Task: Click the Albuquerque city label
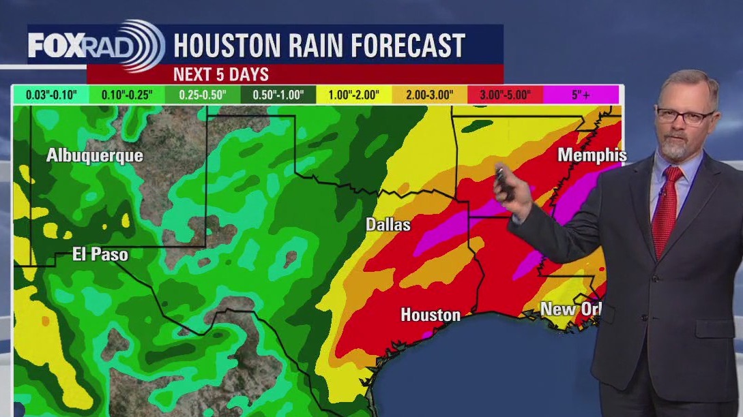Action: click(x=95, y=155)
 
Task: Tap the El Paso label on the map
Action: click(x=100, y=255)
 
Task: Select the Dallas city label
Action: click(x=388, y=224)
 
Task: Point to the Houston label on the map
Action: click(x=431, y=315)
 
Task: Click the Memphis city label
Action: click(x=592, y=155)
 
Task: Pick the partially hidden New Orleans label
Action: click(x=571, y=309)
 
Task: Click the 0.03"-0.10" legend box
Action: click(x=50, y=95)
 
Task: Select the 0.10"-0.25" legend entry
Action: click(x=126, y=95)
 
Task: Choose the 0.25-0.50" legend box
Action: click(x=202, y=95)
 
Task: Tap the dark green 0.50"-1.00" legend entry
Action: click(x=278, y=95)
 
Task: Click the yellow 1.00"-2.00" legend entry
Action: click(x=353, y=95)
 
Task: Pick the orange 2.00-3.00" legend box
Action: click(x=429, y=95)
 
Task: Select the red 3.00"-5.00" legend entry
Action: click(x=505, y=95)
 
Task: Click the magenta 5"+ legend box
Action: click(x=581, y=95)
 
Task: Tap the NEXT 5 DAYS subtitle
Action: click(x=221, y=74)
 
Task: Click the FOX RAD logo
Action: click(x=96, y=46)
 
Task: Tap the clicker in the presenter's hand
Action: click(x=503, y=179)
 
